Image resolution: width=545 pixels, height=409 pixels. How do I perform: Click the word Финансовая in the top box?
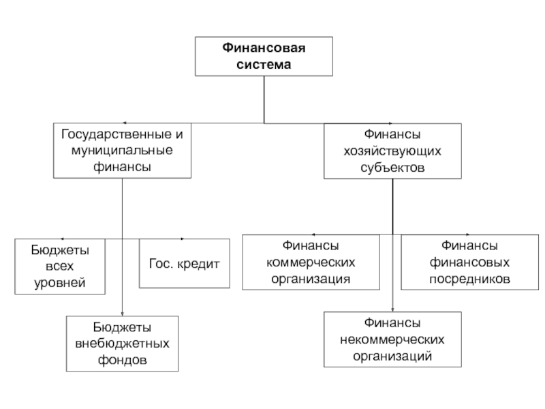[264, 48]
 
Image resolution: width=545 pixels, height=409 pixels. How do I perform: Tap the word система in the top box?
[264, 65]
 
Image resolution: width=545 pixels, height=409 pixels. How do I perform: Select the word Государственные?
[116, 134]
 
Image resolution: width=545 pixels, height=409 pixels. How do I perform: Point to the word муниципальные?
[122, 151]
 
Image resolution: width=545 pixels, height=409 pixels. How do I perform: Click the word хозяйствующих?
[392, 151]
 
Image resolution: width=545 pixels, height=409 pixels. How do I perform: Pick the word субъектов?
[392, 168]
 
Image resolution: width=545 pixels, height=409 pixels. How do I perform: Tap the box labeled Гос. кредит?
[185, 263]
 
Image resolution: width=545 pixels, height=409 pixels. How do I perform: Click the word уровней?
[60, 283]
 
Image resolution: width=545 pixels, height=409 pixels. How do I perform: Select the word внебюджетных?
[122, 344]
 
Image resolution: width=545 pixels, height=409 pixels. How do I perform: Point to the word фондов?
[122, 360]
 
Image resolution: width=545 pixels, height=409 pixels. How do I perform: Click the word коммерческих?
[311, 262]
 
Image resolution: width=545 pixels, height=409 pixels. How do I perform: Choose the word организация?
[311, 279]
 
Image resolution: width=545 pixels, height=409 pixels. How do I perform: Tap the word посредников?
[469, 279]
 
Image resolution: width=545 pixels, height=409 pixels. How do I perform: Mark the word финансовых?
[469, 262]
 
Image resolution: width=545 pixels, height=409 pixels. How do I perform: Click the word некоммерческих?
[392, 339]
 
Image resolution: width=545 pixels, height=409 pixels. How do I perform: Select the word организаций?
[392, 357]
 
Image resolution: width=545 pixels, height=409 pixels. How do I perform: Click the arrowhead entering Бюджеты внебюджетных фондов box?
[122, 314]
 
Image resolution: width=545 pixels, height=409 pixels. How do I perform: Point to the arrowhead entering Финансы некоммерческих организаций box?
[392, 309]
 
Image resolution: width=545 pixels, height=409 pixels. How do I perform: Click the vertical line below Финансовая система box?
[264, 100]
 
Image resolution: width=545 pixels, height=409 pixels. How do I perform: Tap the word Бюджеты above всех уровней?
[60, 250]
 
